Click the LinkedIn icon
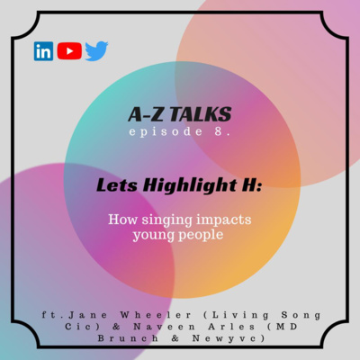tap(43, 51)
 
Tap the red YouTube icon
tap(69, 51)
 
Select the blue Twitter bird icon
tap(96, 51)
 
